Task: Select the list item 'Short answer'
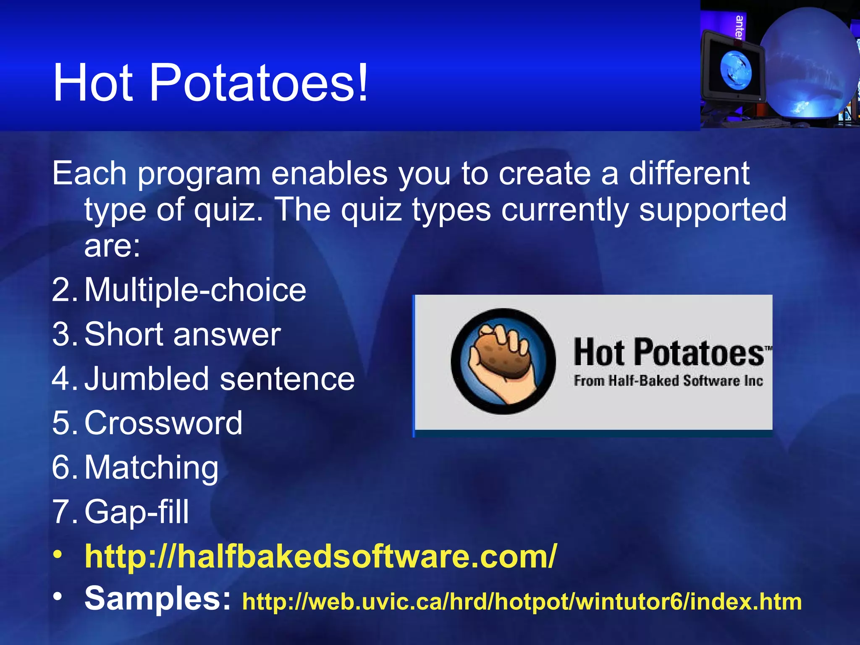coord(183,335)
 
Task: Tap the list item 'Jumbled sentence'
coord(220,379)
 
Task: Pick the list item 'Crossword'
coord(163,423)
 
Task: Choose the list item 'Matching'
coord(152,467)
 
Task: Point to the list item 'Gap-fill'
coord(137,511)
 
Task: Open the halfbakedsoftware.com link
coord(321,556)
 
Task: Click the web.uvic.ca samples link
coord(522,601)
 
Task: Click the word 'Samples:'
coord(158,598)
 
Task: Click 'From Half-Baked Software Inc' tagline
coord(668,381)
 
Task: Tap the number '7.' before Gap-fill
coord(65,511)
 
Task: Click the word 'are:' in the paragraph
coord(112,246)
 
